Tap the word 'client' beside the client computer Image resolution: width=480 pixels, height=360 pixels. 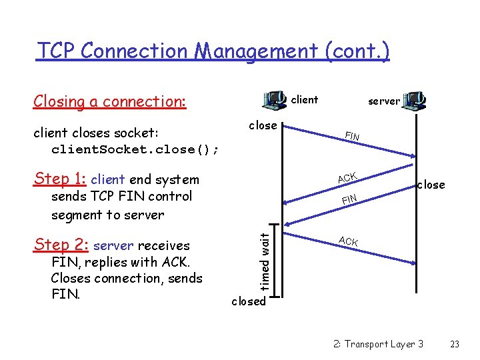[x=305, y=100]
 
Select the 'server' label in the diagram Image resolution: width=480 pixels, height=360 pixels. [x=384, y=101]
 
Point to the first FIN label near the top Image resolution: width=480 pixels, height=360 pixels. [x=352, y=137]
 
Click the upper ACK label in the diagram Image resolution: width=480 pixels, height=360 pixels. [x=347, y=177]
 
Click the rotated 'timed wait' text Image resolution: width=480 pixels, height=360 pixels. [x=265, y=259]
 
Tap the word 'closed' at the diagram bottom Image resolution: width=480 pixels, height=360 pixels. [x=248, y=301]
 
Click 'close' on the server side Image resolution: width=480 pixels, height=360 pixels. [x=431, y=185]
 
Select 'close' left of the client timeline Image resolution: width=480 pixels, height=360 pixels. [x=263, y=125]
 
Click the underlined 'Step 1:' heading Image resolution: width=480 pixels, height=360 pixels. [x=60, y=179]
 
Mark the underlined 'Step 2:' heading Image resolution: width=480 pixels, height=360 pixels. [x=61, y=245]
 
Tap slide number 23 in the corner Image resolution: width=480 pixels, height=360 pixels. [x=455, y=344]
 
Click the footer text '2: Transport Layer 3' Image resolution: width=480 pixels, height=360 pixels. [x=378, y=344]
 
